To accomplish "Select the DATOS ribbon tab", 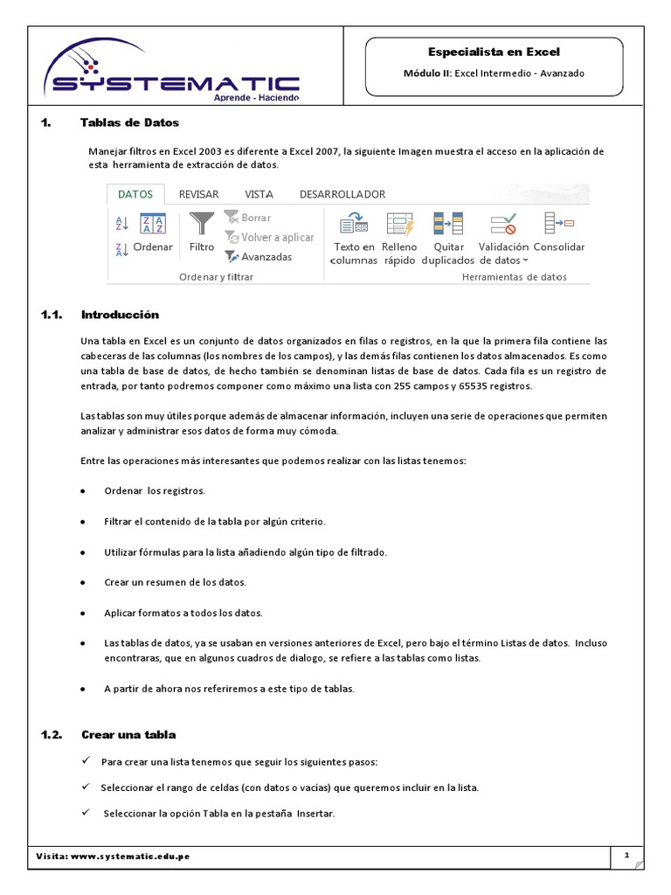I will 135,194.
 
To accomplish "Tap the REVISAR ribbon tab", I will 198,194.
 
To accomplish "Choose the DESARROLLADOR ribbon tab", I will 342,194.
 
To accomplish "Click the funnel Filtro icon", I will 202,224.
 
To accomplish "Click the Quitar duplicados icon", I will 448,224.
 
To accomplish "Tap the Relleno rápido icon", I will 400,224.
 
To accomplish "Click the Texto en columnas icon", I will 354,225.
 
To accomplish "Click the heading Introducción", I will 120,315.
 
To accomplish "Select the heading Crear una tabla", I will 128,735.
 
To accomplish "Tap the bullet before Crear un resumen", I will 82,582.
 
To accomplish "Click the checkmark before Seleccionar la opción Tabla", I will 86,813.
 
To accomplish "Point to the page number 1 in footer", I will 627,857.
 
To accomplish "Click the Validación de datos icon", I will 503,224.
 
